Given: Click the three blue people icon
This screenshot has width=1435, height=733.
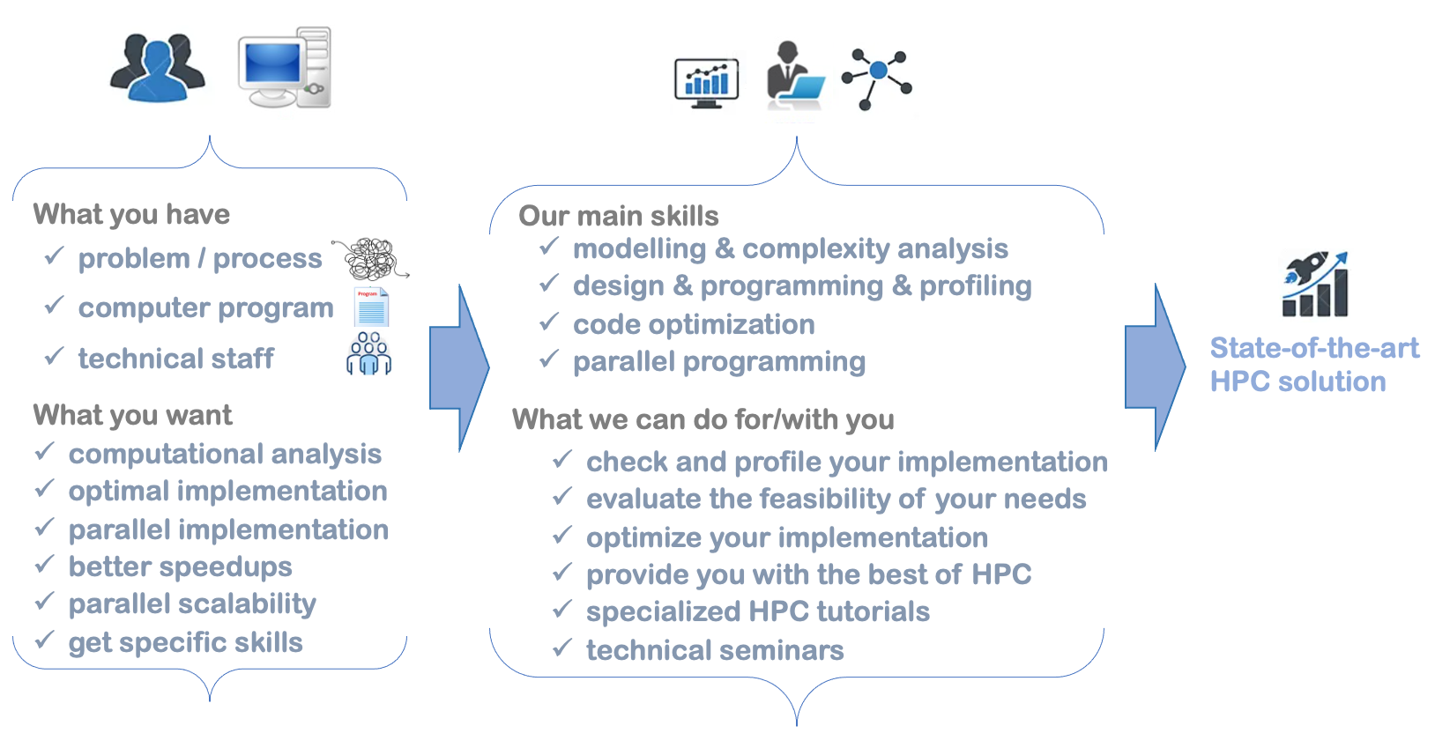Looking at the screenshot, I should (158, 67).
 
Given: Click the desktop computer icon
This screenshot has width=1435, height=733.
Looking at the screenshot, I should (285, 68).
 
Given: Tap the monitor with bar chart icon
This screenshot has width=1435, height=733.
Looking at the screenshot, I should (706, 83).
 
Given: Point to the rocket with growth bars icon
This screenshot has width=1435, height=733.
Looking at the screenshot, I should (1315, 285).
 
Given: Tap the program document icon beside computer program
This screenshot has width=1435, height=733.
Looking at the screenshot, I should (371, 307).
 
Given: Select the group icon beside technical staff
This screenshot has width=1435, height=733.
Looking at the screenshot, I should (368, 353).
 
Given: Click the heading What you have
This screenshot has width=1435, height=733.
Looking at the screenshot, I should (131, 214).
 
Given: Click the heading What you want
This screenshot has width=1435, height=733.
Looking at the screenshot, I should (132, 415).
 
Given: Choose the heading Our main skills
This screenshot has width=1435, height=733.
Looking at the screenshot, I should (618, 216).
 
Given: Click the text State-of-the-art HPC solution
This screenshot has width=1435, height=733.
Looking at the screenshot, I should (1313, 365).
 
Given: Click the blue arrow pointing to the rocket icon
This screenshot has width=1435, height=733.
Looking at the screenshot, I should (1154, 367).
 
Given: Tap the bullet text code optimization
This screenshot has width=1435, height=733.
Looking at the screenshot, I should (693, 324).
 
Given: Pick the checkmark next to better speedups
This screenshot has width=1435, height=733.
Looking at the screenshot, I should (45, 564).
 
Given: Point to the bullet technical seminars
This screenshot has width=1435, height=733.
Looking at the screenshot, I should (714, 650).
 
